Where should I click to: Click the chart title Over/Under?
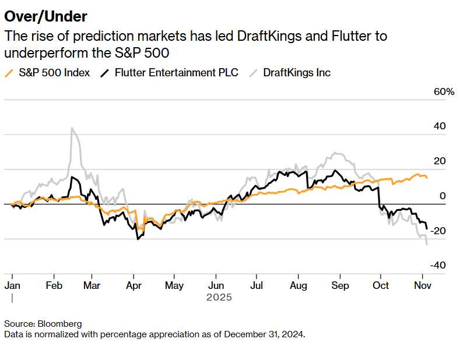(47, 16)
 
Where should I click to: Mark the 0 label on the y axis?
(443, 196)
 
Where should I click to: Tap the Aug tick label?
(298, 285)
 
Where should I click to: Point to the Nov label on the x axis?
(422, 285)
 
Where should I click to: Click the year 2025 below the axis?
(219, 297)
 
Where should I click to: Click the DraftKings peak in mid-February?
(72, 128)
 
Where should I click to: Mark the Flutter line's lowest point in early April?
(138, 239)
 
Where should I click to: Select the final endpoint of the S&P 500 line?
(427, 178)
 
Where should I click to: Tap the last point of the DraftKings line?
(427, 244)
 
